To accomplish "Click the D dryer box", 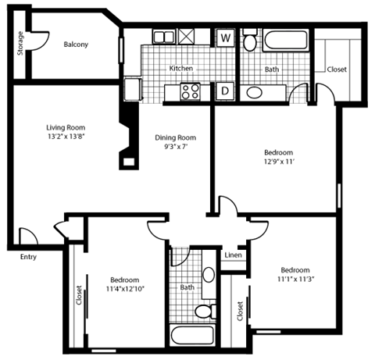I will coord(225,91).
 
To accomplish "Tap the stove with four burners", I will coord(190,91).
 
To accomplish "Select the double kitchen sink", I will coord(164,37).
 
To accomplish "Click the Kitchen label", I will coord(181,69).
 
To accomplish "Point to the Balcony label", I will coord(76,45).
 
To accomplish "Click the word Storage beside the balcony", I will coord(20,44).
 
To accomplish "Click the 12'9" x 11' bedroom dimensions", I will coord(277,162).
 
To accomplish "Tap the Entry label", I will coord(28,255).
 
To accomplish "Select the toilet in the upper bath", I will coord(249,41).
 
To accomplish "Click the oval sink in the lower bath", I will coord(209,275).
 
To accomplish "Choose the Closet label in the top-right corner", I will coord(337,70).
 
